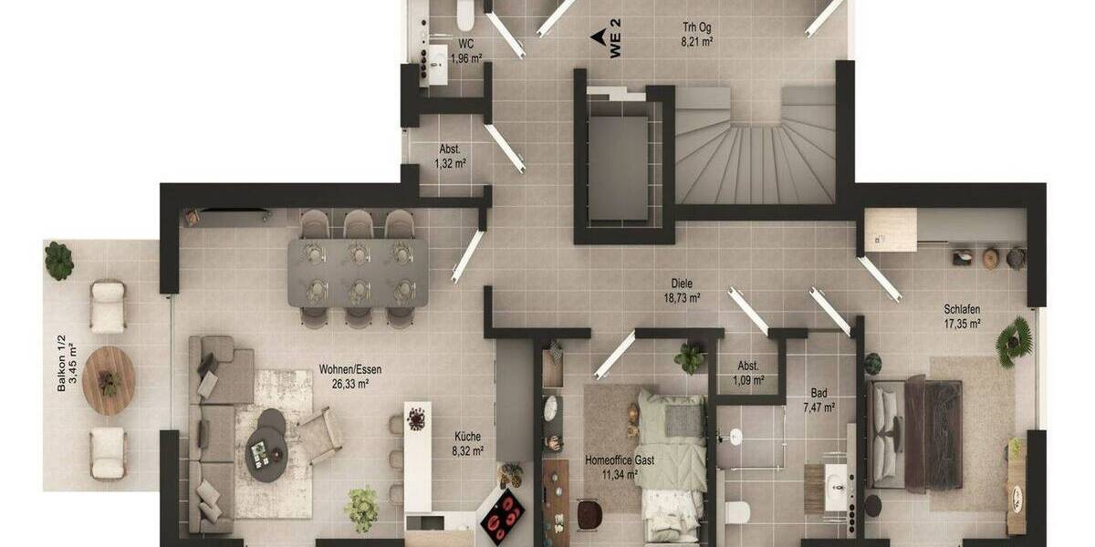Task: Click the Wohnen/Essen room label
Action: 350,369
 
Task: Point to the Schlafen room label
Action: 962,308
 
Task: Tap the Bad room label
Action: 819,394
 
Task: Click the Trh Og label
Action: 696,27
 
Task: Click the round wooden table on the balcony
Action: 109,380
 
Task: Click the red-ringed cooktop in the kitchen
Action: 502,516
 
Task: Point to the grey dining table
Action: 358,272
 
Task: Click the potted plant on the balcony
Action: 59,260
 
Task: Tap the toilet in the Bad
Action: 738,511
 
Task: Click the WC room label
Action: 465,43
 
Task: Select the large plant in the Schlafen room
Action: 1014,341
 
